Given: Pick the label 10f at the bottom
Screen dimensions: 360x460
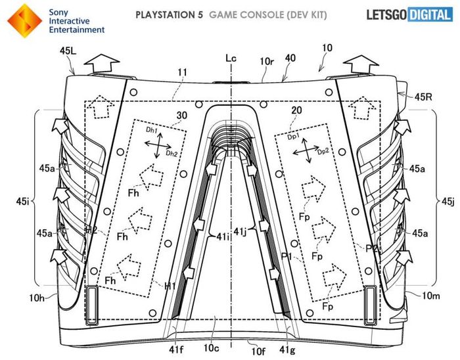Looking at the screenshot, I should [x=250, y=342].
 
